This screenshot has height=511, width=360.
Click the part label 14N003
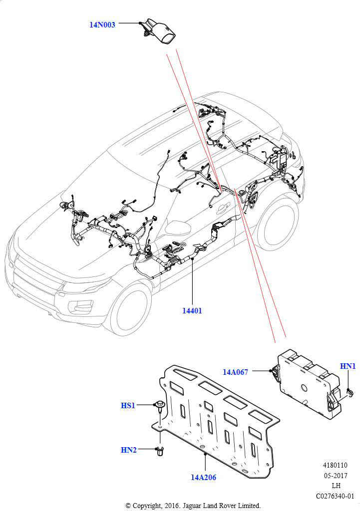click(x=102, y=24)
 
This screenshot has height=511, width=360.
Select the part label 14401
click(x=192, y=310)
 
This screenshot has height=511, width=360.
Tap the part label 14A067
click(x=235, y=372)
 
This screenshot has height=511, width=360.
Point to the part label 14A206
click(x=203, y=477)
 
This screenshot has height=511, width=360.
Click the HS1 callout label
click(x=128, y=406)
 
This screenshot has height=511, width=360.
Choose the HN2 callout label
click(x=128, y=450)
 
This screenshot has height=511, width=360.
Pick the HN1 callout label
click(x=348, y=366)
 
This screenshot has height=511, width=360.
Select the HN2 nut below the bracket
click(x=160, y=452)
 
